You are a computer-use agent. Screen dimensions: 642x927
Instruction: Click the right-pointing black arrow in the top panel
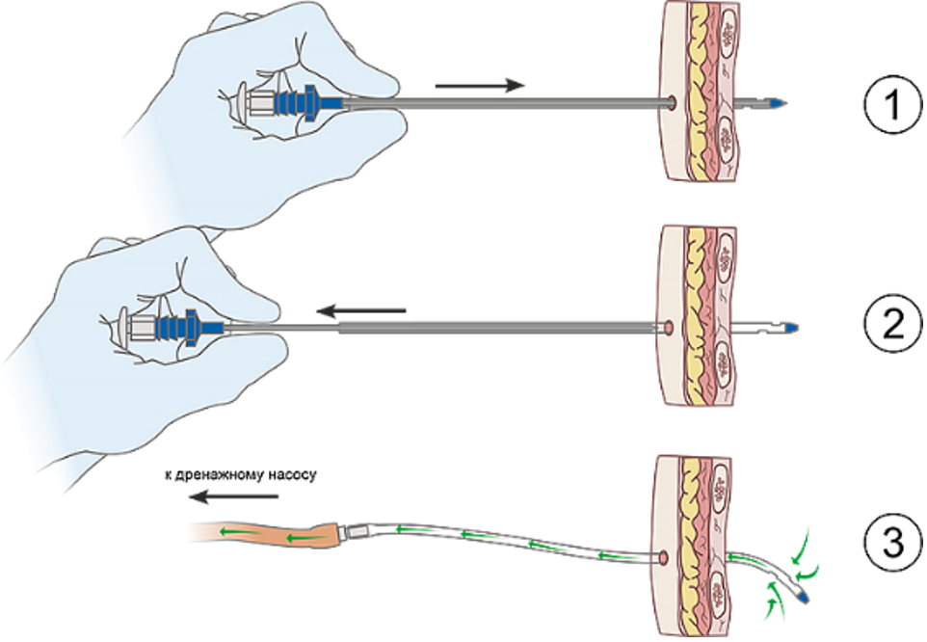tap(480, 86)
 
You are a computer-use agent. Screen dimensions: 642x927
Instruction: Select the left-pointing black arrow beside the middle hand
tap(361, 311)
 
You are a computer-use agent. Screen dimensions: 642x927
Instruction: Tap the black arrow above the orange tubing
tap(233, 497)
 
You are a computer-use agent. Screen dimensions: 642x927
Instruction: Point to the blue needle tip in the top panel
tap(781, 102)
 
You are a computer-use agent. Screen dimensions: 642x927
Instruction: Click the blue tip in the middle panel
tap(790, 329)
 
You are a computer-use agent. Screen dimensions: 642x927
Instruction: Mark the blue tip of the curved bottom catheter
tap(802, 598)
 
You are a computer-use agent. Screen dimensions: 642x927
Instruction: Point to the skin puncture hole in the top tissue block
tap(671, 100)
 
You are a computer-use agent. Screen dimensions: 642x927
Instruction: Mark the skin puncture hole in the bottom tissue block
tap(662, 558)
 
